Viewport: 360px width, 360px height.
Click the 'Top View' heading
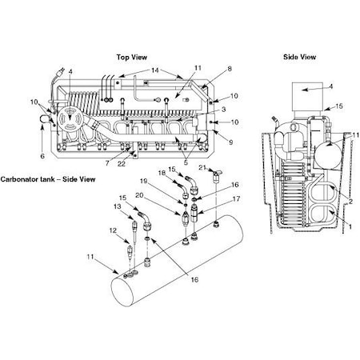pos(133,58)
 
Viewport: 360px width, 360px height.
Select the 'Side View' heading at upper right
pos(301,57)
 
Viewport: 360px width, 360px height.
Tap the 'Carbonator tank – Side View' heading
pos(48,179)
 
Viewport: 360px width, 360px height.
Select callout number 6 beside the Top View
pos(42,157)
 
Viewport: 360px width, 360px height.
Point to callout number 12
pos(113,230)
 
